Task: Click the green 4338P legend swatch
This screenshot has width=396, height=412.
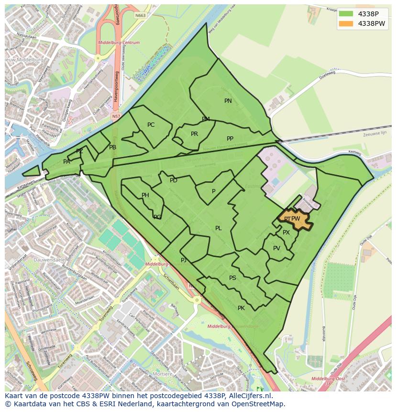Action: tap(346, 14)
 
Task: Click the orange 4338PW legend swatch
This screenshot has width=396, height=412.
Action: tap(346, 23)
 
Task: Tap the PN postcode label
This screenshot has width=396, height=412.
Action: tap(228, 101)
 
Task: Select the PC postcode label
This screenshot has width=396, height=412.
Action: tap(151, 125)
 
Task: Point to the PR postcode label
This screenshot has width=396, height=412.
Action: tap(194, 134)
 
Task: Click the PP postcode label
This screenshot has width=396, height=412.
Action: tap(230, 139)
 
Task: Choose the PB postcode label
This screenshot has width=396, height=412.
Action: tap(112, 147)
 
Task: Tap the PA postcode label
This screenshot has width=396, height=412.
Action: tap(66, 162)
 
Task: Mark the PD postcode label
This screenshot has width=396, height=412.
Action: tap(174, 180)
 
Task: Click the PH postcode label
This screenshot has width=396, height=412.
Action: tap(145, 195)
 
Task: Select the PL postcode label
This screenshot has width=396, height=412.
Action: tap(218, 228)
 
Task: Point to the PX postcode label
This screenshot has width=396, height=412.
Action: tap(286, 233)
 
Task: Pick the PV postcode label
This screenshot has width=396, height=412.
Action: tap(276, 248)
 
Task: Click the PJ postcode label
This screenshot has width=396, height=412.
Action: tap(184, 260)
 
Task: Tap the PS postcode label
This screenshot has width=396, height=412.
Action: tap(232, 278)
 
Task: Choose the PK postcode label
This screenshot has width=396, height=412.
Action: tap(241, 308)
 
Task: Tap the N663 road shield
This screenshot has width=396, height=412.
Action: tap(140, 15)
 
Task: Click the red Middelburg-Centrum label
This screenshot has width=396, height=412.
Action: tap(119, 43)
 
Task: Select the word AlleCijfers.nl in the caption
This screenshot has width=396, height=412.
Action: tap(248, 396)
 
